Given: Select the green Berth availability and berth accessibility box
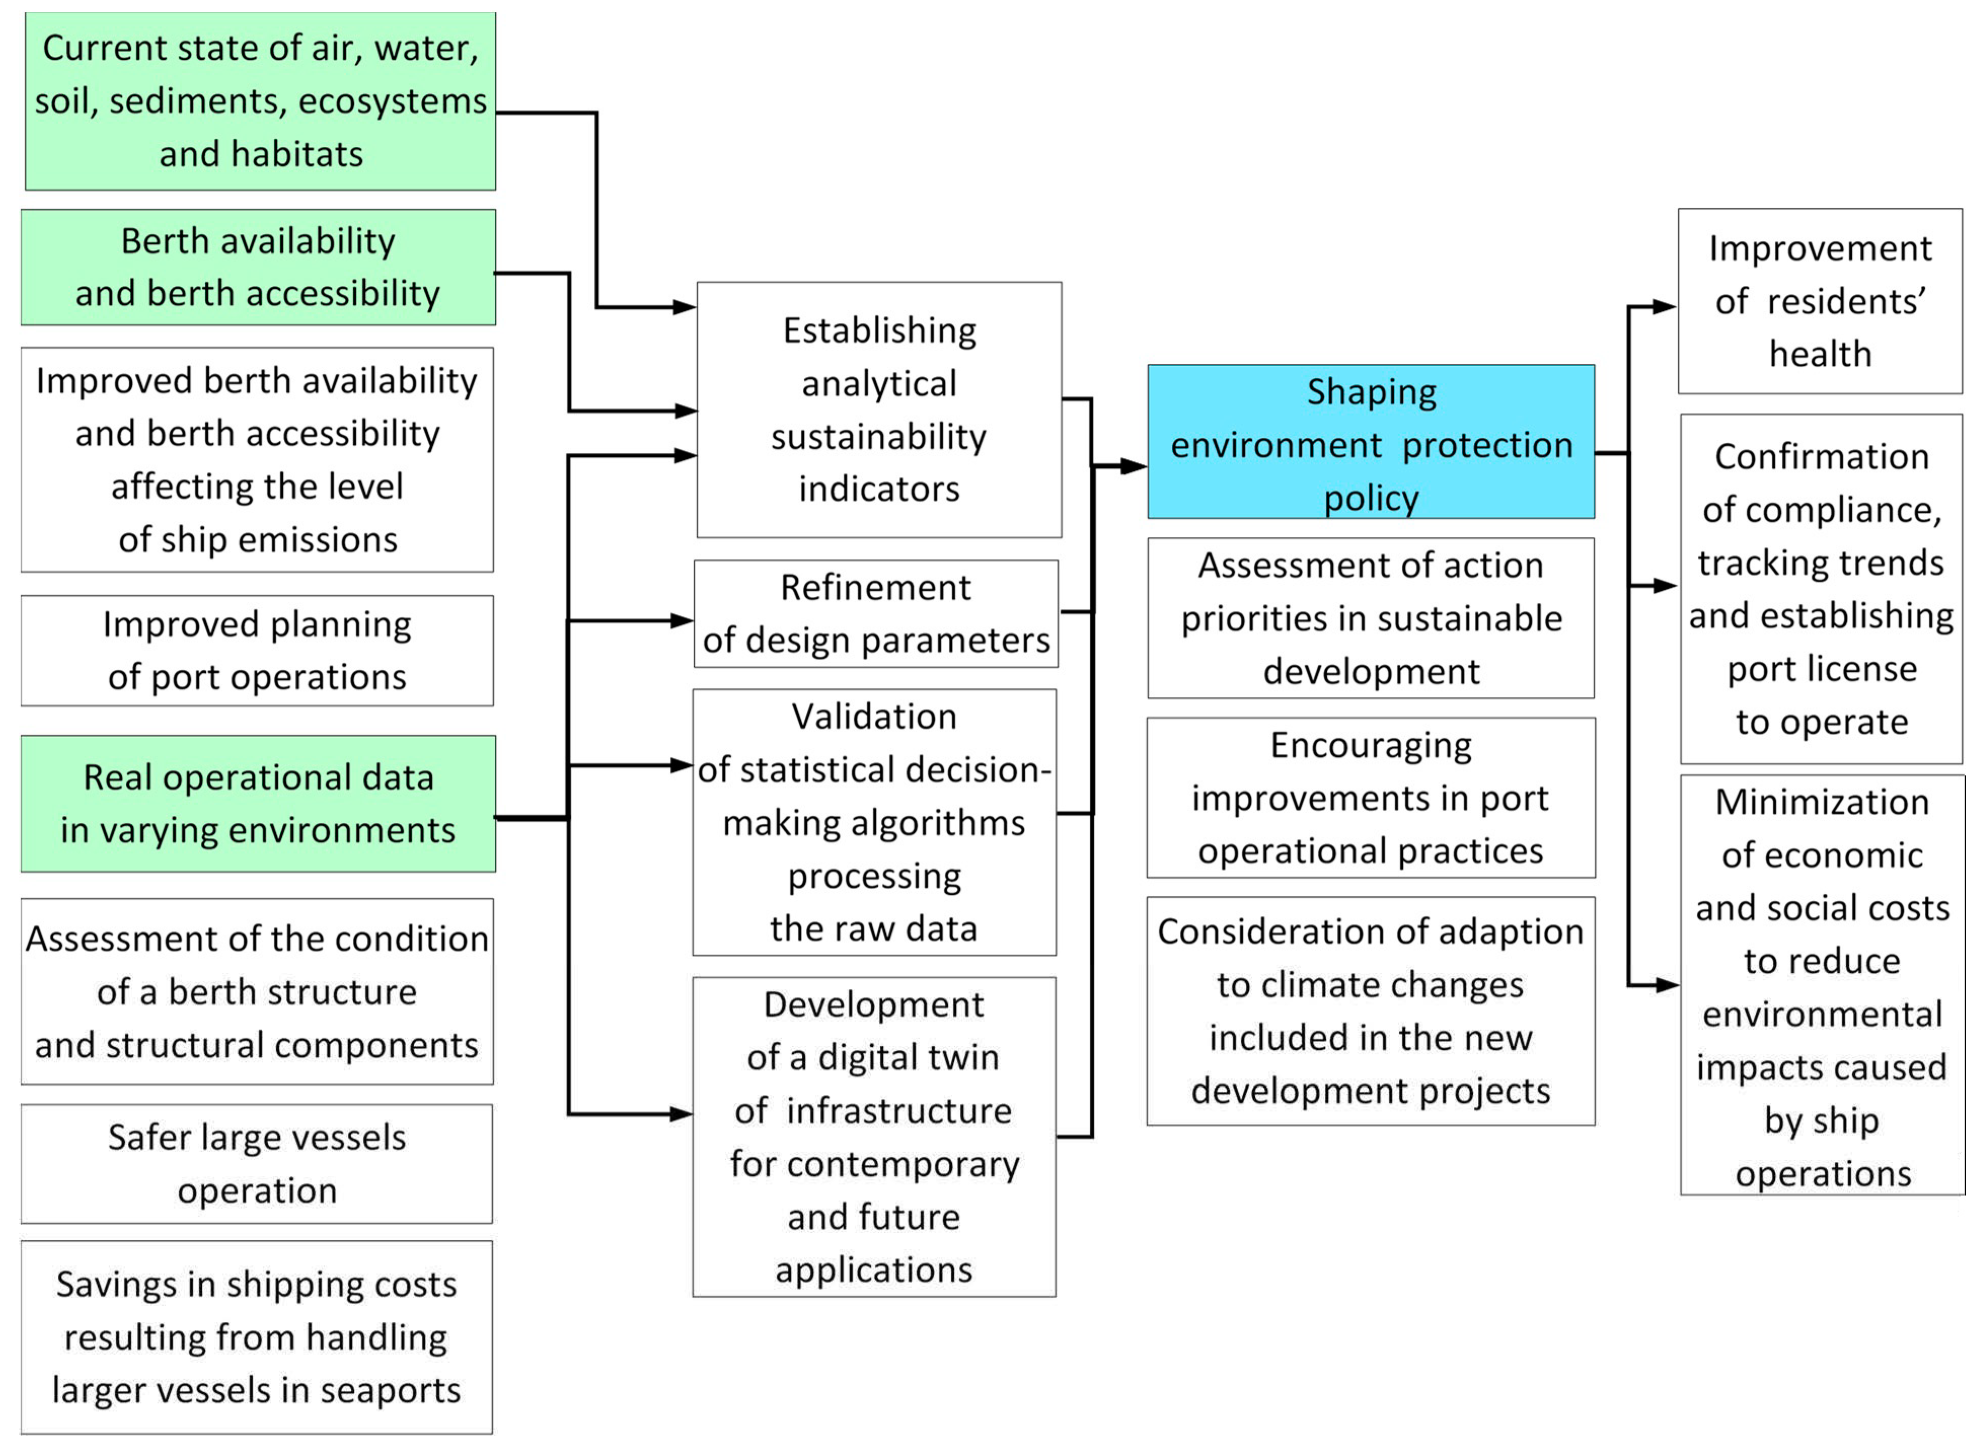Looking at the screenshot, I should [x=258, y=267].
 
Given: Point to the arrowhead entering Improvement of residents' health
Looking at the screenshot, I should [x=1663, y=307].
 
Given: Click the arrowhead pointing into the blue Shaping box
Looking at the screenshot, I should [x=1133, y=466].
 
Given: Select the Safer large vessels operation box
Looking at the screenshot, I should [x=257, y=1163].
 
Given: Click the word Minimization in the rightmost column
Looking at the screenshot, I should [x=1822, y=803].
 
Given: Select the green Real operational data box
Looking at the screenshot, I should [x=258, y=803].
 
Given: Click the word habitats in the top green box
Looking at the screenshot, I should [x=298, y=154].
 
